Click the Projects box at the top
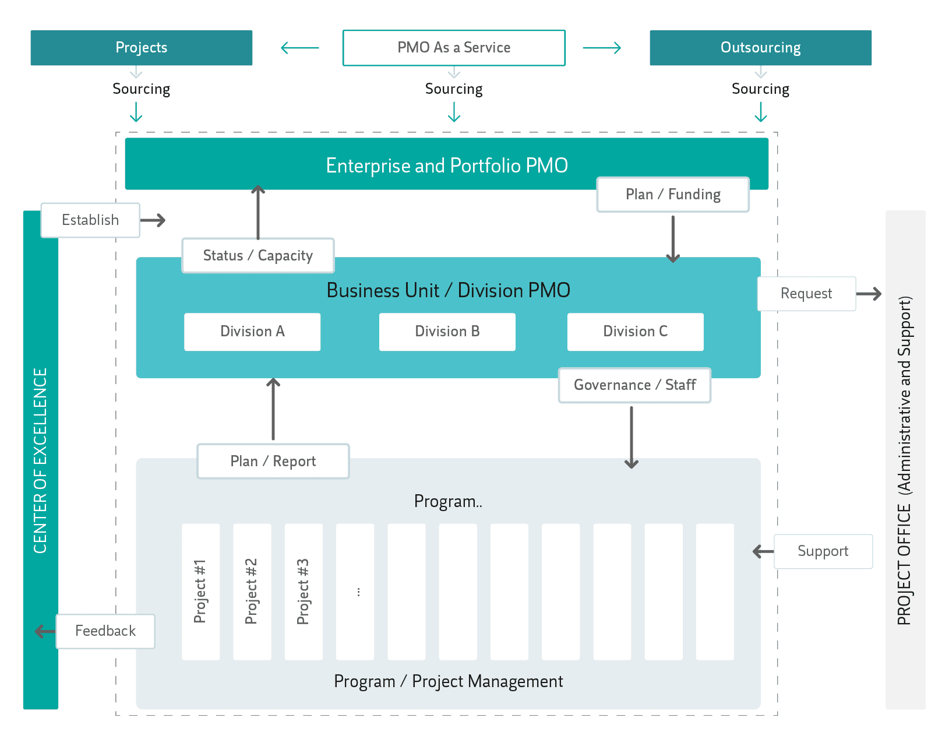coord(141,48)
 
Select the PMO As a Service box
coord(454,48)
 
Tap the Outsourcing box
coord(760,48)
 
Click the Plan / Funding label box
coord(673,195)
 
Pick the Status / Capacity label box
coord(258,255)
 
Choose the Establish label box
coord(90,220)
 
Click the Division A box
coord(252,332)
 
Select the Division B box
coord(447,332)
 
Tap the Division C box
coord(635,332)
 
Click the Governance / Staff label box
coord(634,385)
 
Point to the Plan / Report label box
coord(273,462)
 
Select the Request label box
coord(806,294)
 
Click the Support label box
coord(823,551)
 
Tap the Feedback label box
coord(105,631)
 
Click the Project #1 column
coord(200,592)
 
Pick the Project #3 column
coord(304,592)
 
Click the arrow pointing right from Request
coord(869,294)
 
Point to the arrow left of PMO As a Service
coord(300,48)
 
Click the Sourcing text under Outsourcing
coord(760,89)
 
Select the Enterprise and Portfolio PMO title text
coord(447,166)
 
